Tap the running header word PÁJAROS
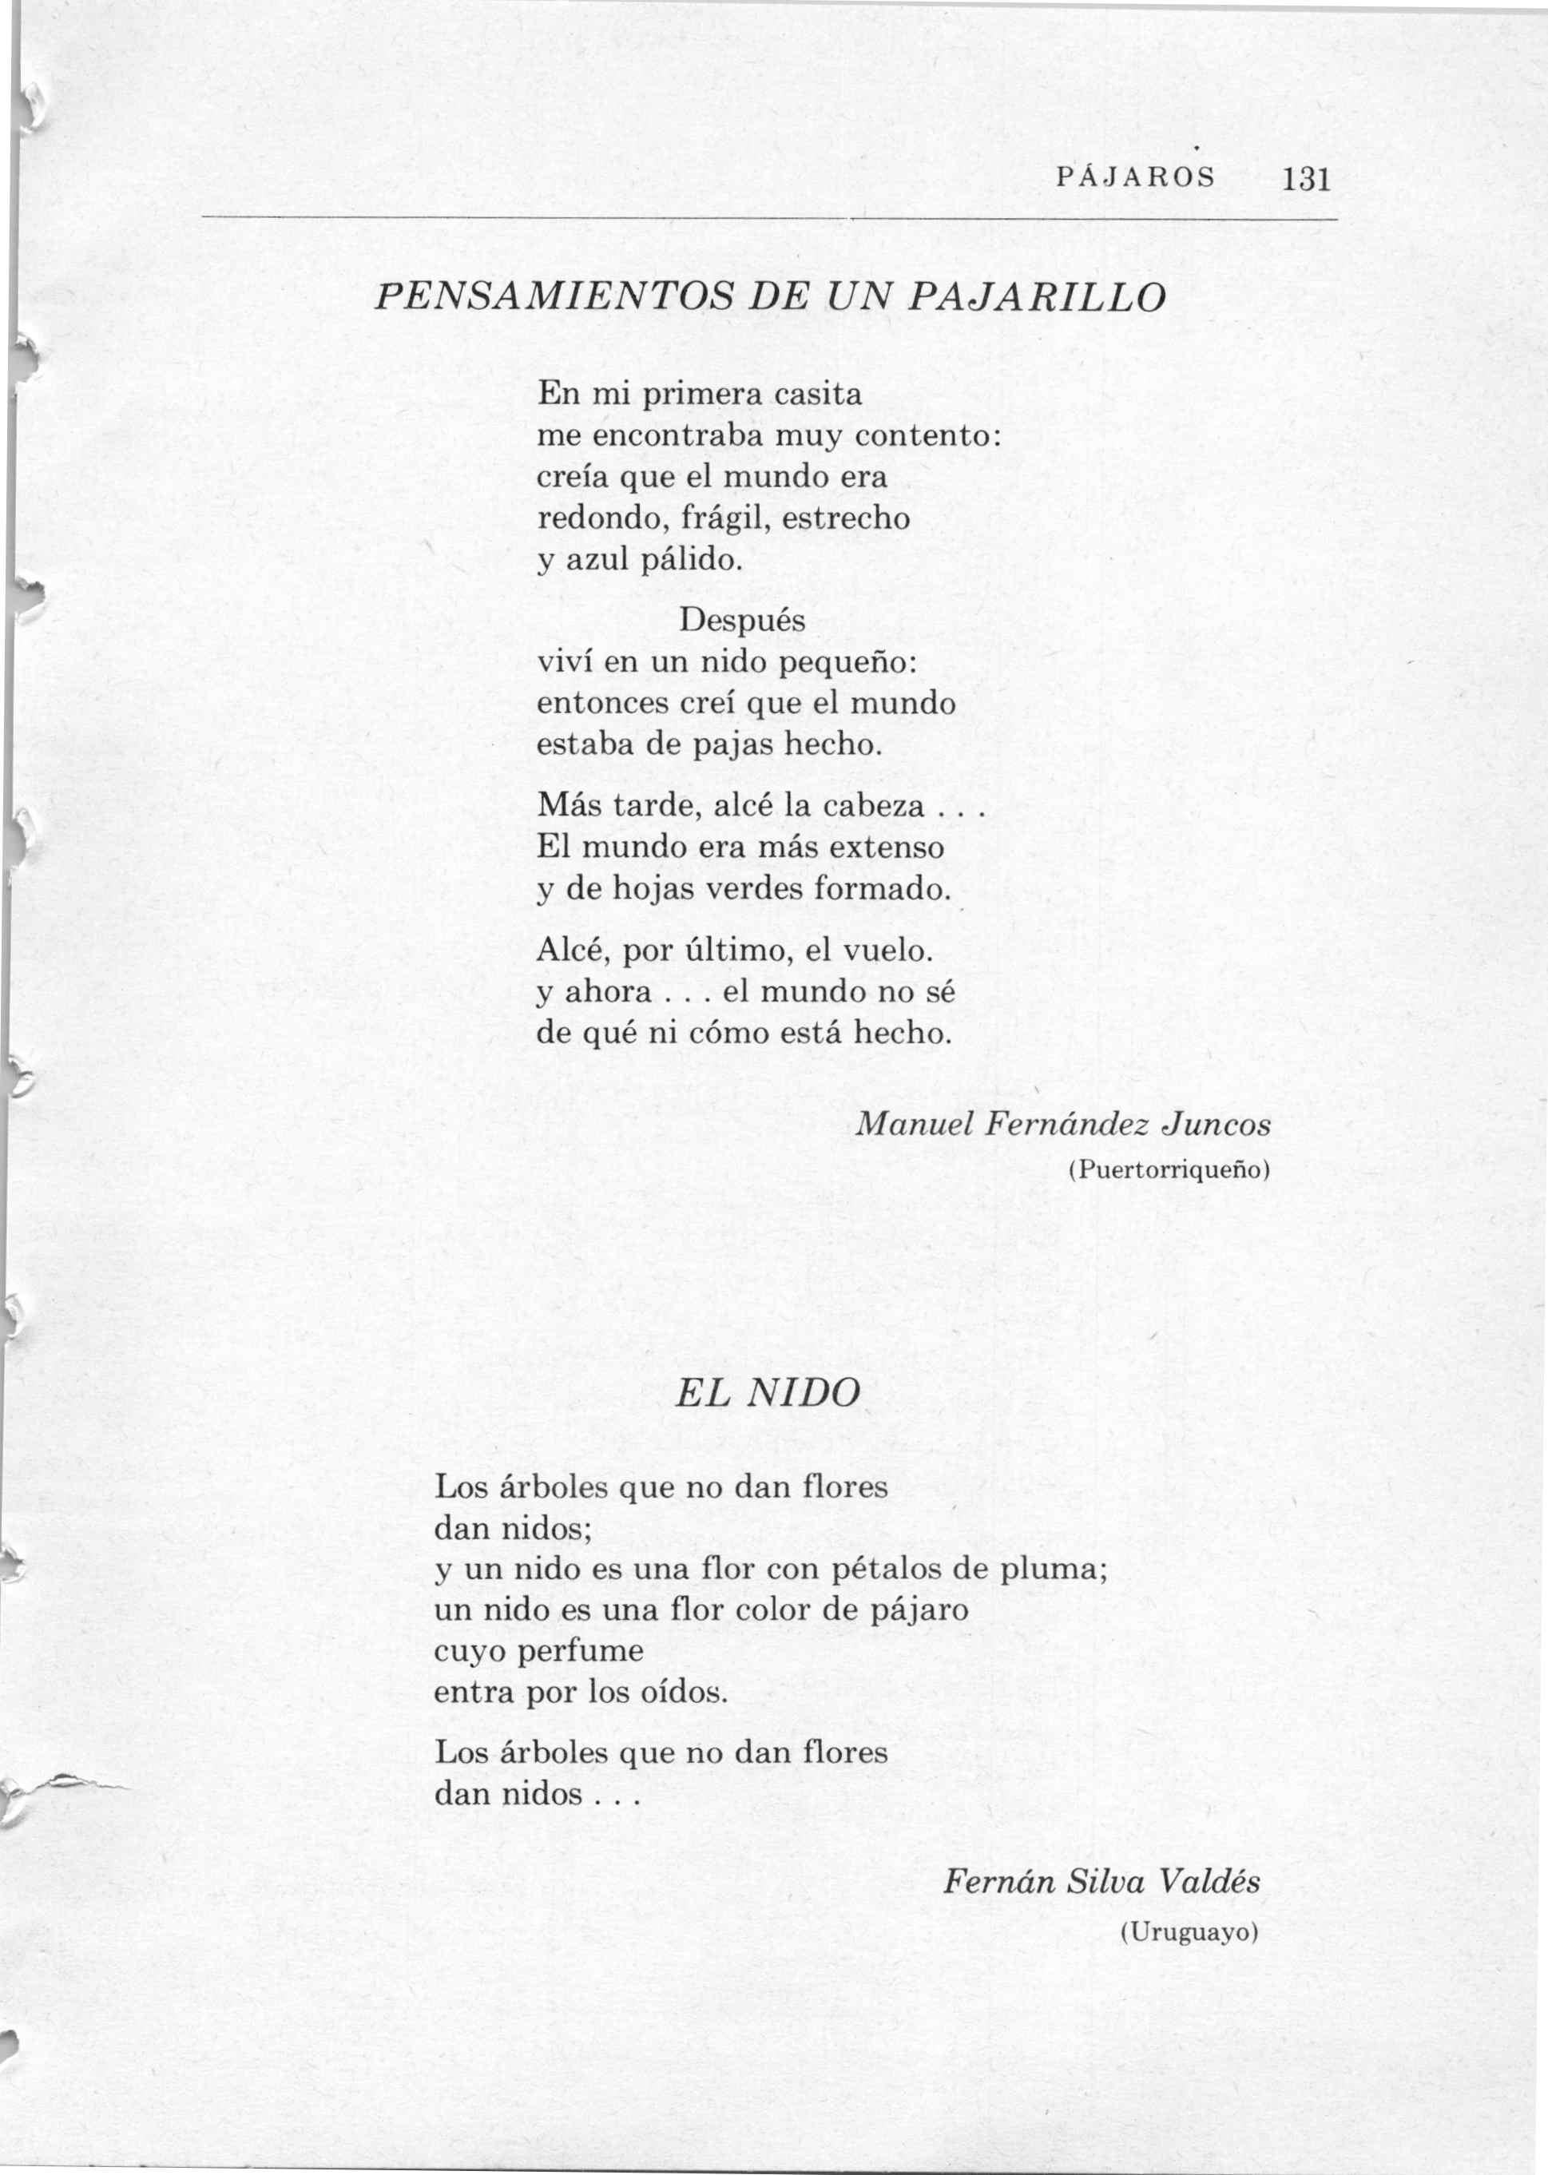point(1136,178)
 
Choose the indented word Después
point(741,621)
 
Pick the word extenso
point(887,847)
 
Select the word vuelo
point(887,951)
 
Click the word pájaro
point(921,1609)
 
